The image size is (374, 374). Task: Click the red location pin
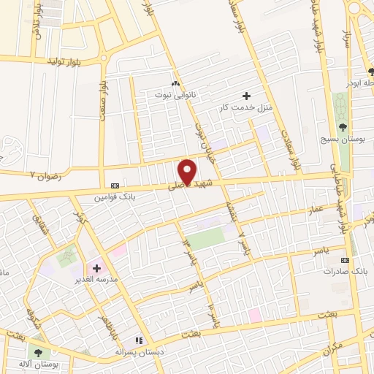pos(188,172)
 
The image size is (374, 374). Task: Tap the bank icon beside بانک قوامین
pos(114,186)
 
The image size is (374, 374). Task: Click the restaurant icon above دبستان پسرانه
pos(137,340)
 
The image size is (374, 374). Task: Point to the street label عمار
pos(315,210)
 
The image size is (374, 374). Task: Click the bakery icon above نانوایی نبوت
pos(175,83)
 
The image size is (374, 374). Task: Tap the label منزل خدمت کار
pos(246,107)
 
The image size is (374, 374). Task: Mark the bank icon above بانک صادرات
pos(345,260)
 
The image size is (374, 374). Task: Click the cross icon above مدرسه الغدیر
pos(96,268)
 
